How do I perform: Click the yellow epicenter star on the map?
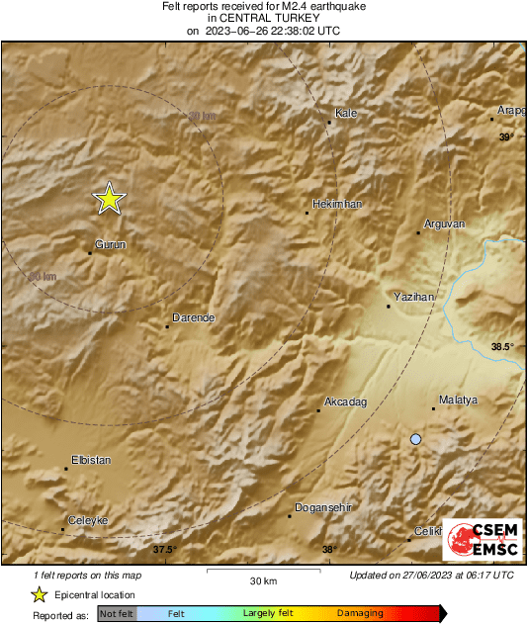(x=110, y=200)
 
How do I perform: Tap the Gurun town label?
(x=110, y=243)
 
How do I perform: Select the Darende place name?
(x=194, y=317)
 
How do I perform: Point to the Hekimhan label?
(x=337, y=204)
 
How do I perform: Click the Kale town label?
(x=346, y=114)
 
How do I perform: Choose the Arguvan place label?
(x=444, y=224)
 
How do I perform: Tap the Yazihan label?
(x=414, y=297)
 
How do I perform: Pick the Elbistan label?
(x=91, y=460)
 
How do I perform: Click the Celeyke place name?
(x=87, y=520)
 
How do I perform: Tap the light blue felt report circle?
(x=416, y=439)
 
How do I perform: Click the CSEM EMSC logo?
(x=479, y=539)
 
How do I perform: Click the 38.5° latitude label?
(x=502, y=346)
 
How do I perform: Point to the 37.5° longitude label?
(x=164, y=550)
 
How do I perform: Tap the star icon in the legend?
(x=39, y=594)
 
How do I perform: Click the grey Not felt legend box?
(x=118, y=614)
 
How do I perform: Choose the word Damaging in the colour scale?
(x=360, y=614)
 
